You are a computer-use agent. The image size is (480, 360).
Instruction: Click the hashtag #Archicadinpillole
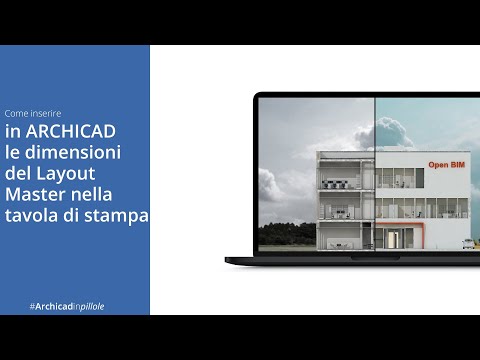[x=67, y=305]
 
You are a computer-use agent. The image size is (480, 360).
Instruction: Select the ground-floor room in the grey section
[x=345, y=237]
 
